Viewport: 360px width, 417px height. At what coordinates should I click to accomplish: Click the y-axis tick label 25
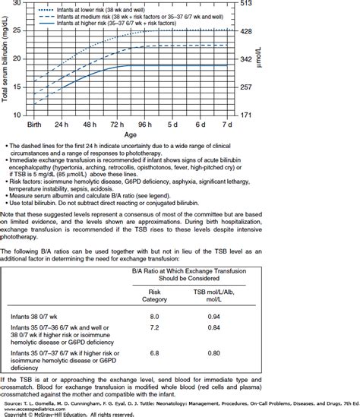click(17, 31)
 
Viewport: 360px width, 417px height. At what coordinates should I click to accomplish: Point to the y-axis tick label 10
click(17, 115)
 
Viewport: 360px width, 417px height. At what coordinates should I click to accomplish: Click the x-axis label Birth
click(34, 123)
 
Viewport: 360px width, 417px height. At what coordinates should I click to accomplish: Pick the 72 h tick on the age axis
click(117, 123)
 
